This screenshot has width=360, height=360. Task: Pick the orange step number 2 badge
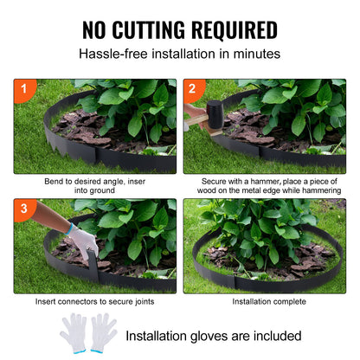tap(191, 87)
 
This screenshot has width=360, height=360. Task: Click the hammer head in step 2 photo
tap(214, 112)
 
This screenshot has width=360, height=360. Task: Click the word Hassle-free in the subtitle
tap(110, 54)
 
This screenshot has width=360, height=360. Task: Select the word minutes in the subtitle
tap(257, 54)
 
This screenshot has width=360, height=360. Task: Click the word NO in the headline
tap(98, 29)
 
